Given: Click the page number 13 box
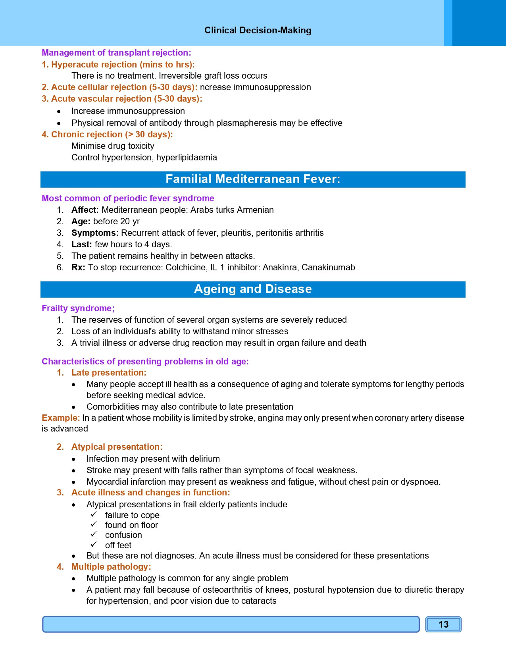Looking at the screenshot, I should [443, 624].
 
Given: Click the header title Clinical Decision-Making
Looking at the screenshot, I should [258, 31].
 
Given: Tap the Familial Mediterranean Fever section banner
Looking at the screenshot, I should [253, 179].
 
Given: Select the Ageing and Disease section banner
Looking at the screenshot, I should [253, 289].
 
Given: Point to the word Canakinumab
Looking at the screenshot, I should [328, 268].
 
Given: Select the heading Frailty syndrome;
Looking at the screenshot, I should [78, 308].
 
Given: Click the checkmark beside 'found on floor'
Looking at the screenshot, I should [94, 525].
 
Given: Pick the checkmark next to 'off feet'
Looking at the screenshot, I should [94, 545].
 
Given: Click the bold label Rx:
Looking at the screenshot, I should [78, 268].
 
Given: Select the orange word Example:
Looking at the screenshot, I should [61, 418].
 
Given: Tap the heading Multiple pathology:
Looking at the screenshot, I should [111, 567].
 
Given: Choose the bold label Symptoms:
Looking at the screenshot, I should [95, 233].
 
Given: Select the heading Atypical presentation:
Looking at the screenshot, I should [117, 447].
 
